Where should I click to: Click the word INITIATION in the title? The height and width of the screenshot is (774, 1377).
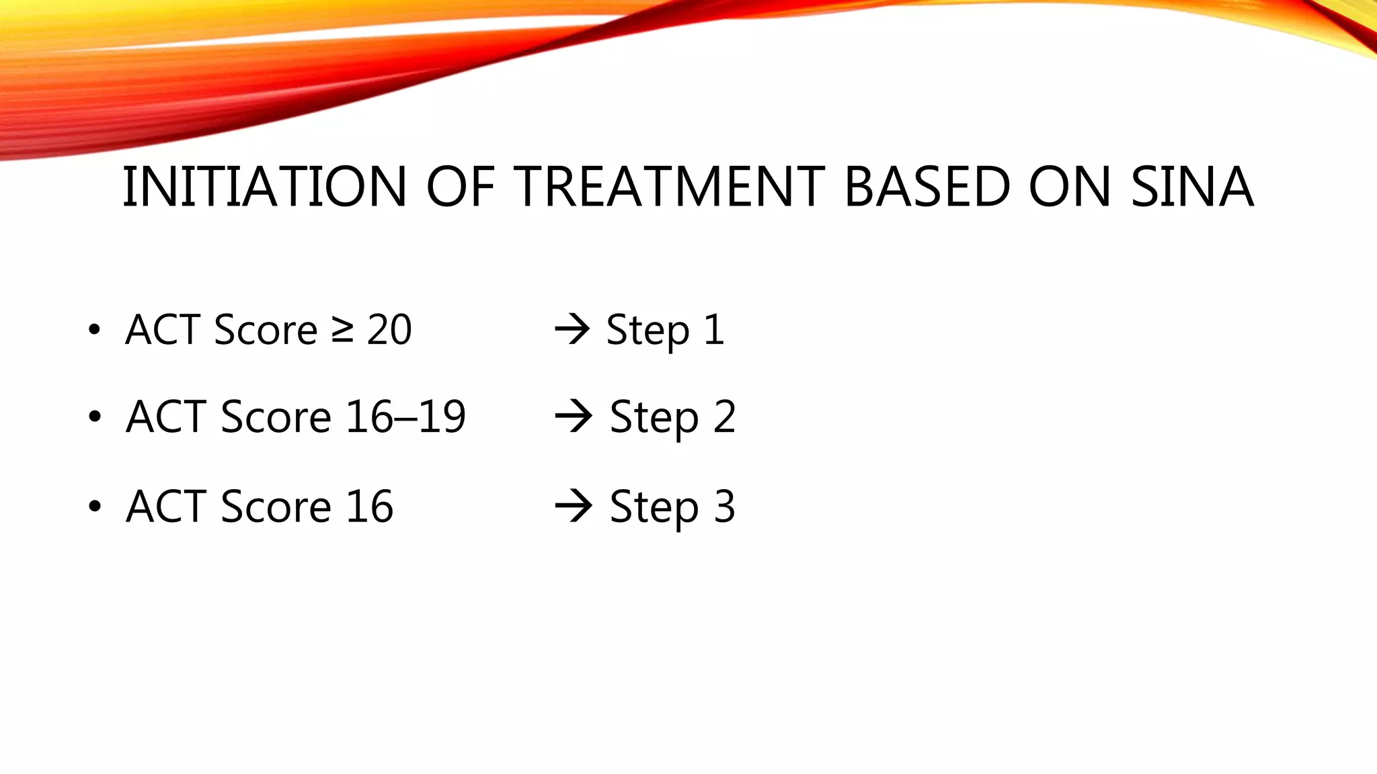264,187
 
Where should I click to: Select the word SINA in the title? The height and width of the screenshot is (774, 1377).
1191,187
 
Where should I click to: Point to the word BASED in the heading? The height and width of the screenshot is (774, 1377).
927,187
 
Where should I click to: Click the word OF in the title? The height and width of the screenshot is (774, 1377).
461,187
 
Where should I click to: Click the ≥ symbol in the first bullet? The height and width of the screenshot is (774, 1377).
342,330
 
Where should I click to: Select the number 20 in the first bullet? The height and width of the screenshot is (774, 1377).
389,330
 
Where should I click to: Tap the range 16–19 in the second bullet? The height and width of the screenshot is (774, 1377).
405,417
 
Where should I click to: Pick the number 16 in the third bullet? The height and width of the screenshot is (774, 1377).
369,506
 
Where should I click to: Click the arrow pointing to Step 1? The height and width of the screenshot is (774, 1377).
572,330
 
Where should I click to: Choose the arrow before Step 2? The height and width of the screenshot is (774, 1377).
573,417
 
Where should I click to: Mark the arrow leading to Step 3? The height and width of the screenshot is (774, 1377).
573,506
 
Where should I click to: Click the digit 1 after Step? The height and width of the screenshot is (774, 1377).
713,330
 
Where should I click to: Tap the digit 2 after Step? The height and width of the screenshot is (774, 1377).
723,417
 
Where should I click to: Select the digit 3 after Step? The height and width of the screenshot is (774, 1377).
723,506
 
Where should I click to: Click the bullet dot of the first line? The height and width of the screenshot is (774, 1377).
94,330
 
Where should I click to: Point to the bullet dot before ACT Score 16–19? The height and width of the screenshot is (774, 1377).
94,417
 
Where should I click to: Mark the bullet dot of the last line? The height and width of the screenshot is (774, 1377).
94,506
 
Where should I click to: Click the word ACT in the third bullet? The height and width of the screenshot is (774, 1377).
165,506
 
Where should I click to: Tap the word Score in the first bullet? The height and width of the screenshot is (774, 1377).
266,330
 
